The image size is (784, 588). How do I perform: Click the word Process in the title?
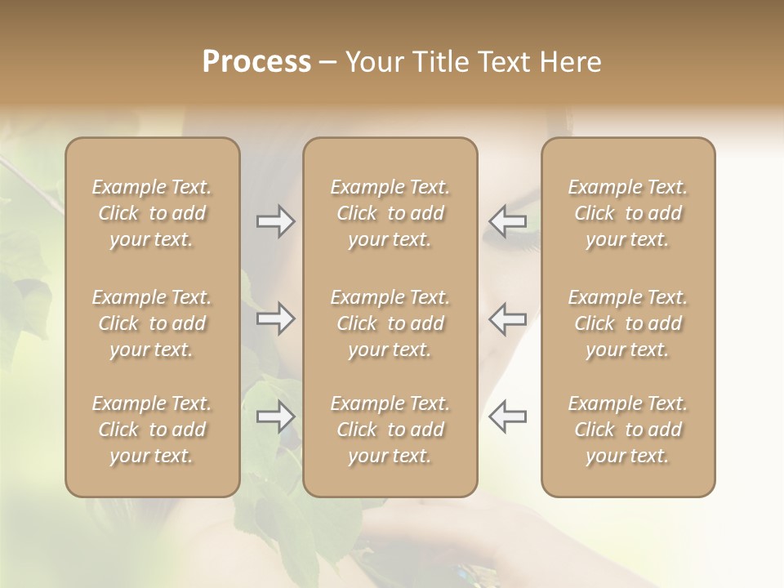coord(256,62)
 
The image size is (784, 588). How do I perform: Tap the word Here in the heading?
coord(569,62)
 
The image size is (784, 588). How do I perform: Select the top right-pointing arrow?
coord(276,221)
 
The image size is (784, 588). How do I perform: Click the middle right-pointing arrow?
coord(276,318)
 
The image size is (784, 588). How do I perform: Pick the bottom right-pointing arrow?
coord(276,417)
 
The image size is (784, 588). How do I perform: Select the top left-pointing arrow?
coord(507,221)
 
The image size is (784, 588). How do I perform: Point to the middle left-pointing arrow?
coord(507,318)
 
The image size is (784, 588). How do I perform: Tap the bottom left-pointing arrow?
coord(507,416)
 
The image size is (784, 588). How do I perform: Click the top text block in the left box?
coord(152,213)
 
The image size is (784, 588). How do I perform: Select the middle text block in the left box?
coord(152,323)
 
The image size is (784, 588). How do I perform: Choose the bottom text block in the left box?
coord(152,430)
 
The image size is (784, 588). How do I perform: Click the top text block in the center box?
coord(390,213)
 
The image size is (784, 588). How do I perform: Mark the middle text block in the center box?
coord(390,323)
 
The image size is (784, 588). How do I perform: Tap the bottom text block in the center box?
coord(390,430)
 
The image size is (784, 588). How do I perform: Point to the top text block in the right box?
coord(628,213)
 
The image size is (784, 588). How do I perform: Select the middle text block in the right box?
coord(628,323)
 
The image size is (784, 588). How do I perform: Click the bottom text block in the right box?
coord(628,430)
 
